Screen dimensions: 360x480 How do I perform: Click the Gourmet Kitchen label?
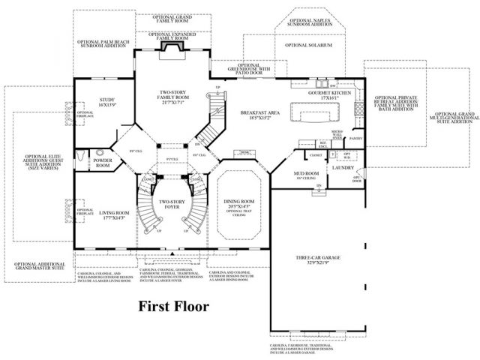(x=324, y=94)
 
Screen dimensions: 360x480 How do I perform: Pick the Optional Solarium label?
(x=307, y=45)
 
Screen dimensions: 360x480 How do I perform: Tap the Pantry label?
(x=355, y=139)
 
